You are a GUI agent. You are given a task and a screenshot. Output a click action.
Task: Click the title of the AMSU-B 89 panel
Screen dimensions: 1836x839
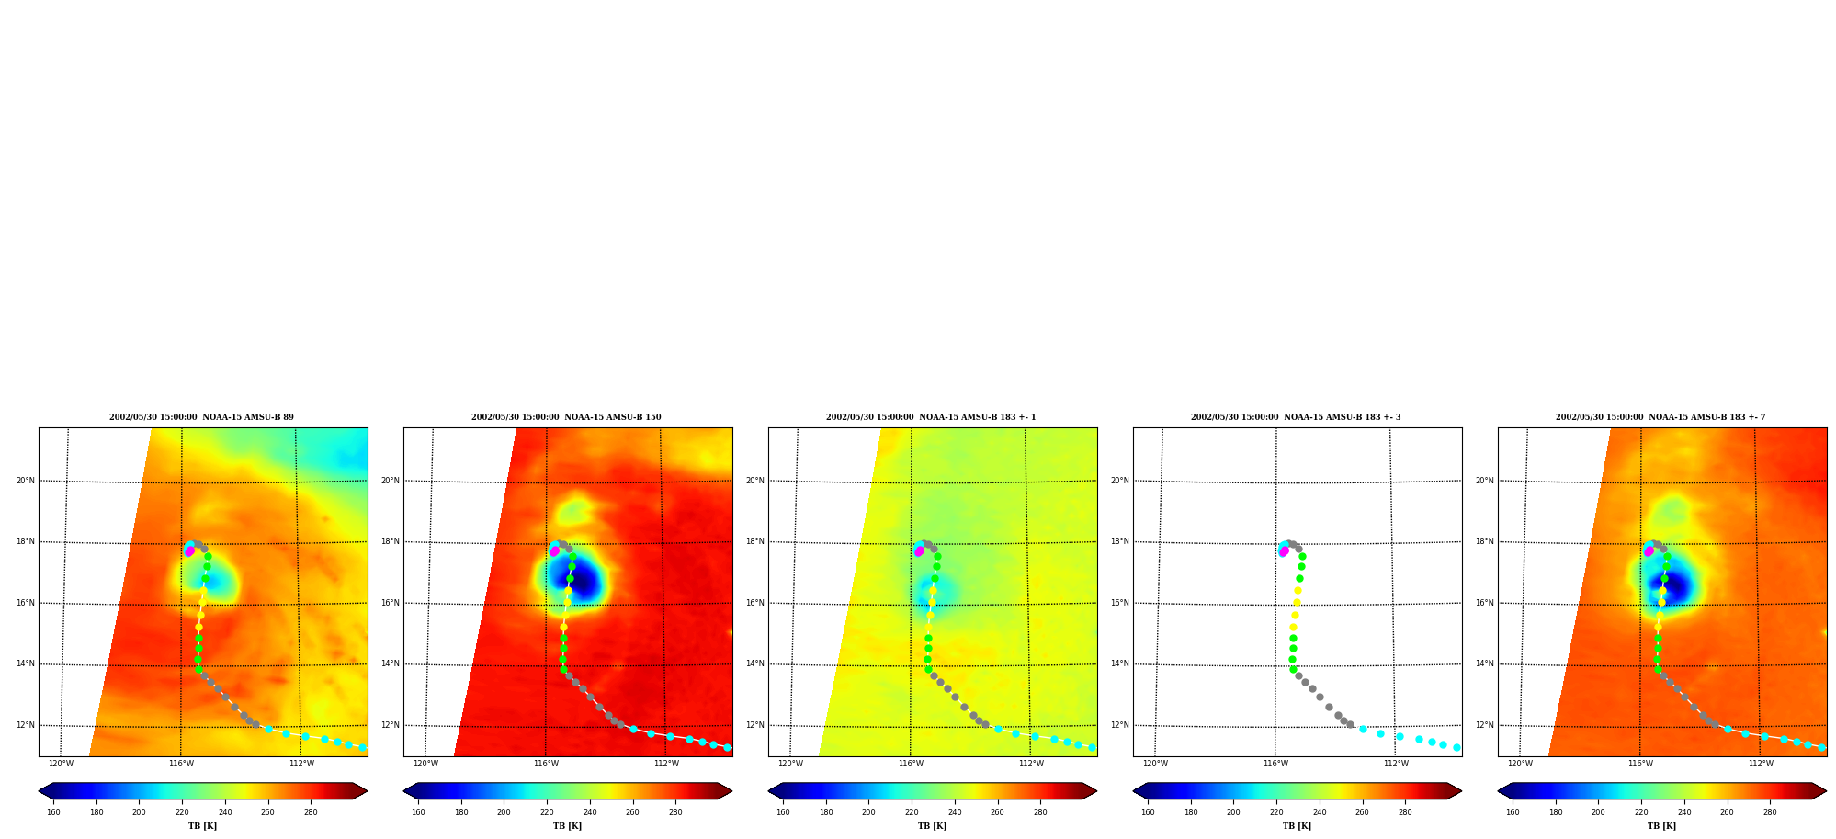pos(201,417)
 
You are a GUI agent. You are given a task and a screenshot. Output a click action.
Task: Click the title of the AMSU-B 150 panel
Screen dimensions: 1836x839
pos(566,417)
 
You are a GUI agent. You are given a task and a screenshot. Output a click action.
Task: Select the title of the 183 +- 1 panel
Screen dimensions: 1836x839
pos(931,417)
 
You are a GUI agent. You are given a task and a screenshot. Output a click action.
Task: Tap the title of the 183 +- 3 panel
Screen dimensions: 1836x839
pos(1296,417)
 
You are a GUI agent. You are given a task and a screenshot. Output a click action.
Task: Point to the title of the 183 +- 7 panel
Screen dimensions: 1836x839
pos(1660,417)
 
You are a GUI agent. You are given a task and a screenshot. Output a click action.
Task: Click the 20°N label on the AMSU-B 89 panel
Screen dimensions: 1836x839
pos(25,481)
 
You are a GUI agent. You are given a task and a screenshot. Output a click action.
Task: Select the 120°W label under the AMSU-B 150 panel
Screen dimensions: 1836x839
pos(425,764)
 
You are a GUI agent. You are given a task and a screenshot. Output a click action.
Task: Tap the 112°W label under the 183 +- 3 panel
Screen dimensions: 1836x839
pos(1396,764)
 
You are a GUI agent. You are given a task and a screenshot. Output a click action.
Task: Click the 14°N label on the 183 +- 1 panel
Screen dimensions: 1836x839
pos(754,663)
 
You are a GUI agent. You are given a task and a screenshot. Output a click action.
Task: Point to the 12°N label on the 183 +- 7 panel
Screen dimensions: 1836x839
pos(1484,725)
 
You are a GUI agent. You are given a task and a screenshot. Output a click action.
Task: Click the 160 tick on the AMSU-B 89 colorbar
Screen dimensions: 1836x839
pos(53,811)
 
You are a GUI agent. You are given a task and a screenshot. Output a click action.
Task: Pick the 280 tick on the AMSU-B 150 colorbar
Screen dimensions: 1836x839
pos(675,811)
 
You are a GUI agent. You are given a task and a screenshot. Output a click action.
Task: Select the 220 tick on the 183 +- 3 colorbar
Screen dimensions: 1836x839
pos(1276,811)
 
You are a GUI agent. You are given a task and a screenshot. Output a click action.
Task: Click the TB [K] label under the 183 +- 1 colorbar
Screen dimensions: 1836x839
pos(932,826)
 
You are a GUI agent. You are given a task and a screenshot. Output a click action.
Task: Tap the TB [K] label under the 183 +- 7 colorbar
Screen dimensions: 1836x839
pos(1661,826)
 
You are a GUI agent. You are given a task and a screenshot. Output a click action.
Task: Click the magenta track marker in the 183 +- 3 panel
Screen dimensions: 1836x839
pos(1284,551)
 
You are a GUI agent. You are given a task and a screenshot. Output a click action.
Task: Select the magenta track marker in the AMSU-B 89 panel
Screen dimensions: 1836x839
pos(189,551)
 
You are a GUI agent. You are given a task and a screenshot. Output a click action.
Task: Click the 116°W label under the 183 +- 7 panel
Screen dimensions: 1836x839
pos(1640,764)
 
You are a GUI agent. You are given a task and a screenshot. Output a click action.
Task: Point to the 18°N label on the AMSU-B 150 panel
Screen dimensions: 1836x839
pos(390,541)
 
